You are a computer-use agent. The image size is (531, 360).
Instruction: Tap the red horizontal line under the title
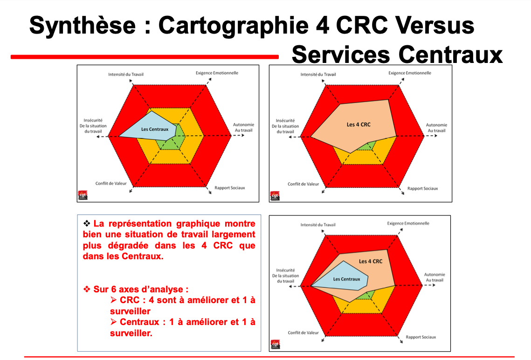(145, 57)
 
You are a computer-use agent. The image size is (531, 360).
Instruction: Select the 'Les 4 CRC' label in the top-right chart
(359, 125)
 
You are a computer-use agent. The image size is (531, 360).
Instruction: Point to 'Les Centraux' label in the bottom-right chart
(346, 279)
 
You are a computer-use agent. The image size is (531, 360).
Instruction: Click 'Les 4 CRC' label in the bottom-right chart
(371, 261)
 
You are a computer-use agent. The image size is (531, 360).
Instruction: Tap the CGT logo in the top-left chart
(83, 195)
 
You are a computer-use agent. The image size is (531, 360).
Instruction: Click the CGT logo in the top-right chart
(275, 195)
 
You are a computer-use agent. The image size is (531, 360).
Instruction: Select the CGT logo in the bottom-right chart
(276, 345)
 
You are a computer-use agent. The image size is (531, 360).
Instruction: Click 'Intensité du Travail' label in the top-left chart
(126, 74)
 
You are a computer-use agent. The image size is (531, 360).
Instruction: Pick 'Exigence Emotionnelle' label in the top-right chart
(410, 73)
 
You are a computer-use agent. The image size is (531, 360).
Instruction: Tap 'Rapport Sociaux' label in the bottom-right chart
(421, 337)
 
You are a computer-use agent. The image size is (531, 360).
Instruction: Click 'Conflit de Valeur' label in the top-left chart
(111, 183)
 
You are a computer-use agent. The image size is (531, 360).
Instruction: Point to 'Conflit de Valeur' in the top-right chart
(303, 184)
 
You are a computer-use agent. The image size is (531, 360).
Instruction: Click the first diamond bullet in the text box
(86, 223)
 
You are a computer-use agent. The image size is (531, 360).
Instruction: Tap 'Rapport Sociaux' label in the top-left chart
(229, 188)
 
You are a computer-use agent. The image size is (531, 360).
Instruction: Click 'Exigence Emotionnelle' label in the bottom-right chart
(408, 223)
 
